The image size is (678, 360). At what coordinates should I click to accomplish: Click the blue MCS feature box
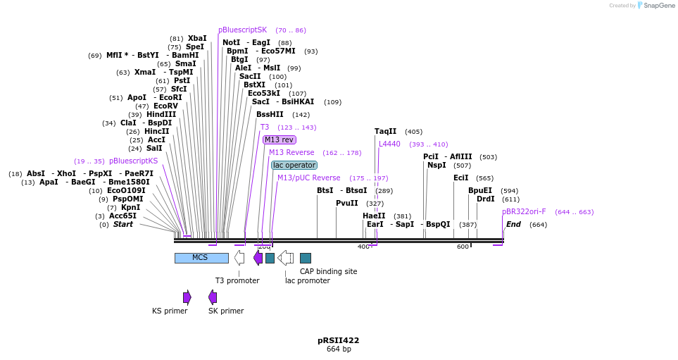tap(201, 258)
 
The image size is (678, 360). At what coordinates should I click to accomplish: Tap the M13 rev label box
tap(280, 139)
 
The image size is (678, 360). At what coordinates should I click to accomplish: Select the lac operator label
tap(294, 165)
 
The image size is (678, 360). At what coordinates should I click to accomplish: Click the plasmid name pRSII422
tap(338, 340)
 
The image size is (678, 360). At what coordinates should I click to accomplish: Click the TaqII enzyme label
tap(385, 131)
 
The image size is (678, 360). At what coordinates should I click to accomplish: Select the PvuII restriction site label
tap(347, 203)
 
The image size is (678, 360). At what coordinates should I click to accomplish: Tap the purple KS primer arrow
tap(187, 297)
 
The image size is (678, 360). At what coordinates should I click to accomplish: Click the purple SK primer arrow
tap(212, 297)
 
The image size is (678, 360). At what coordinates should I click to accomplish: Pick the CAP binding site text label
tap(328, 271)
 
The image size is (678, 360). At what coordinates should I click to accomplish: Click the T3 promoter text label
tap(237, 280)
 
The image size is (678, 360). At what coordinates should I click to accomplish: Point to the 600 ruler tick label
tap(463, 247)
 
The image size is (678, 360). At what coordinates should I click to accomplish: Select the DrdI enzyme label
tap(486, 199)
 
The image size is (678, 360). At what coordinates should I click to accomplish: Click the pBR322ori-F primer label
tap(524, 211)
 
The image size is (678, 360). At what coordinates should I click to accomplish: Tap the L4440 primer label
tap(389, 144)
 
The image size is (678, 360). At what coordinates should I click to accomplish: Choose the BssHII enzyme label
tap(270, 114)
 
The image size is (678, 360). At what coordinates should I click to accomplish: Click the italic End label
tap(513, 224)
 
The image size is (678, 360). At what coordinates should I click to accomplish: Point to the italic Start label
tap(123, 224)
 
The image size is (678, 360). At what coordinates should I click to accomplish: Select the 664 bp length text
tap(338, 349)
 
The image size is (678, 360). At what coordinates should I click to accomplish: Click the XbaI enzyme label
tap(197, 38)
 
